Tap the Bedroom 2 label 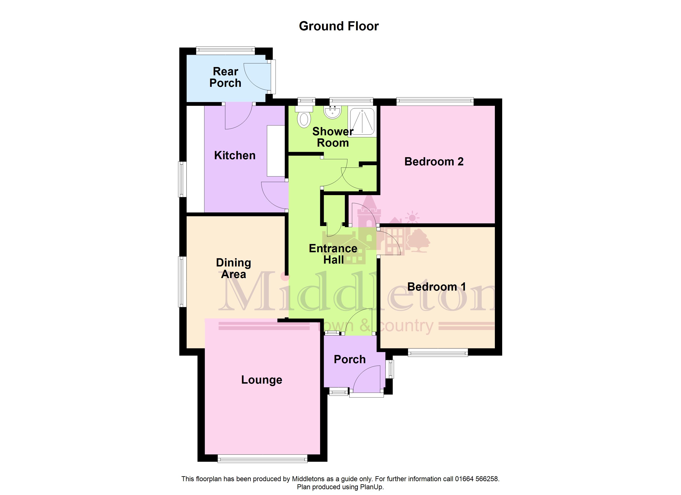point(434,161)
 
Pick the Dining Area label point(234,268)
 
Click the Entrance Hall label point(333,254)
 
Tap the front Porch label point(350,359)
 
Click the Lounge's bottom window point(262,458)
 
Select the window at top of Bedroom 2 point(435,102)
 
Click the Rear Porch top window point(226,51)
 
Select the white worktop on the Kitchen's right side point(276,151)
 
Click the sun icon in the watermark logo point(412,218)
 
